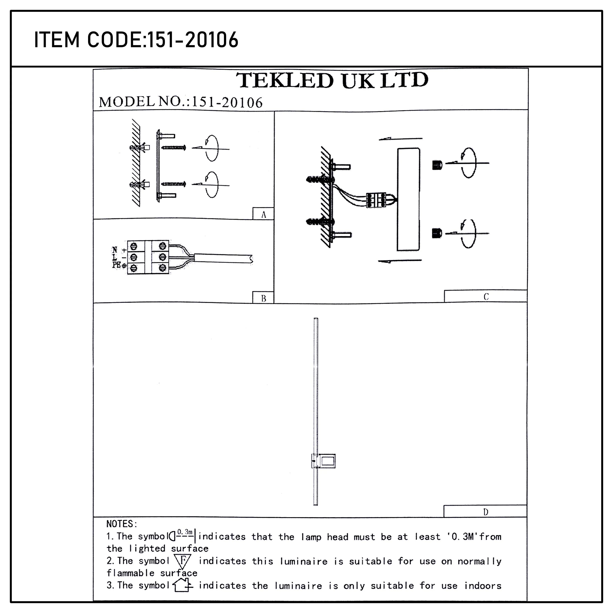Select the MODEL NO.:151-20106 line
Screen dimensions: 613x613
181,102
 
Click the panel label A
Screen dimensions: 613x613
263,215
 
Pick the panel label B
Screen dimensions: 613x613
263,298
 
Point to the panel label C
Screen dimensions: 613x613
486,297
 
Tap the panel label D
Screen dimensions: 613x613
485,512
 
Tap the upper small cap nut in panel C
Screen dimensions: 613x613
437,165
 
